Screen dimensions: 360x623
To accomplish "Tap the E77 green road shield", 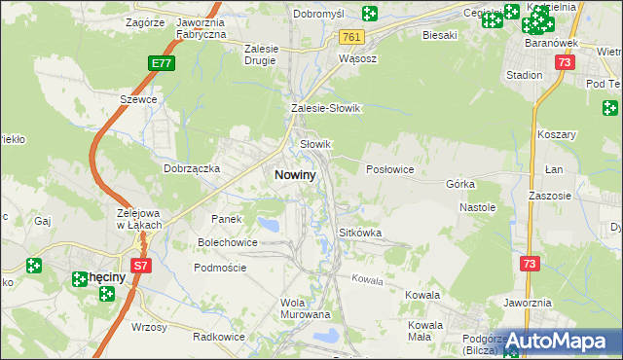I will pos(163,63).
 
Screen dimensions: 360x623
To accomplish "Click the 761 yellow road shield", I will pos(351,37).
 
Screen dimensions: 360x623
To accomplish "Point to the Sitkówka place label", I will pos(359,234).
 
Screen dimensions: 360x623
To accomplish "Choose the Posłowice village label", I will pos(390,169).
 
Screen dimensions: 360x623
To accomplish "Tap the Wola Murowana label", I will pos(306,308).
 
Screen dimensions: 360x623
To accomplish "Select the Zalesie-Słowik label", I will pos(326,109).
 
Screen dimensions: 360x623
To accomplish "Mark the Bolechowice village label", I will pos(228,241).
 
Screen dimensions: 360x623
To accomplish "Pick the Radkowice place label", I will pos(218,337).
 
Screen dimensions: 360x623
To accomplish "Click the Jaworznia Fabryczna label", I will pos(201,26).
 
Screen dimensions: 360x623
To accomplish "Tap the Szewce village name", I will pos(138,100).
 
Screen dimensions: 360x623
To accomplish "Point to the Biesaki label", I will pos(440,35).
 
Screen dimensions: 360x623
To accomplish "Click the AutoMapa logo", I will pos(565,341).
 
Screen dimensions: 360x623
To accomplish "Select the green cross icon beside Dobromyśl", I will pos(369,14).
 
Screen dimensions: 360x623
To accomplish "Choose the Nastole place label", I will pos(478,207).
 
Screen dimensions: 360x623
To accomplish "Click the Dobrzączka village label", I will pos(192,167).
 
